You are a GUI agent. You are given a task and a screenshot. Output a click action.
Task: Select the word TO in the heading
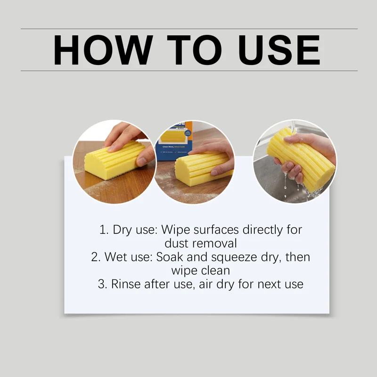click(x=194, y=50)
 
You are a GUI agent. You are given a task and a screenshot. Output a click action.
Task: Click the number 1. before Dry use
click(x=104, y=230)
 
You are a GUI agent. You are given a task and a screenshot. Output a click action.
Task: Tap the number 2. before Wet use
click(x=96, y=257)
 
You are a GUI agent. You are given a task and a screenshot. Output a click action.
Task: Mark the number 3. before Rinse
click(x=102, y=284)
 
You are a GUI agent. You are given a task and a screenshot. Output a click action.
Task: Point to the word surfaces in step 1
click(x=216, y=230)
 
